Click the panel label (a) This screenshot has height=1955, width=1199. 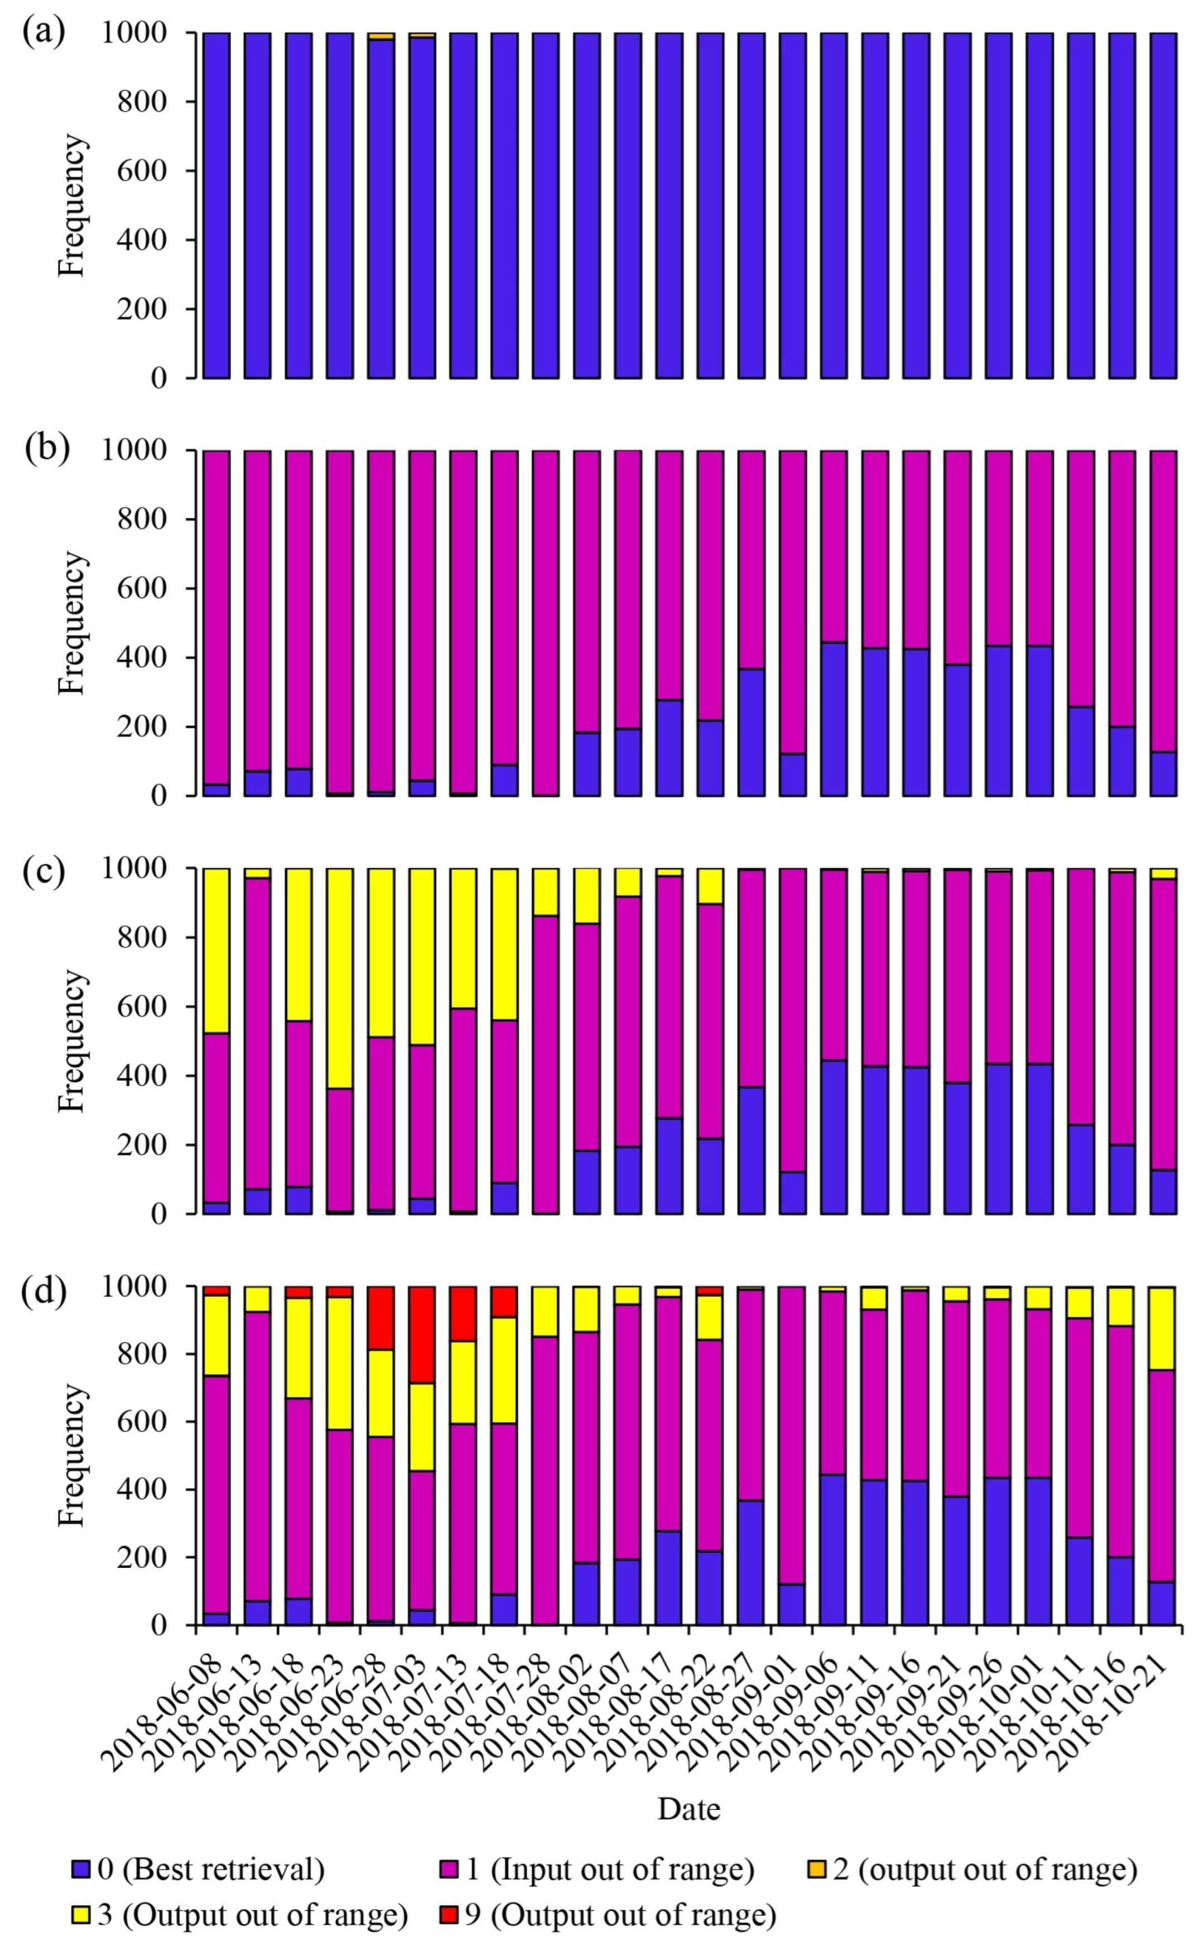pos(44,34)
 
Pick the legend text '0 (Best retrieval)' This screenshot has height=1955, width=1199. pos(210,1870)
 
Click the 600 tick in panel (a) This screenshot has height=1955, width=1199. pos(143,171)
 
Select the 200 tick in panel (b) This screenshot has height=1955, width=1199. pos(143,727)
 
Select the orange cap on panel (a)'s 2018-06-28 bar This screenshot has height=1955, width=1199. pos(381,36)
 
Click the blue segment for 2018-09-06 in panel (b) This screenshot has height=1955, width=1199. pos(833,719)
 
